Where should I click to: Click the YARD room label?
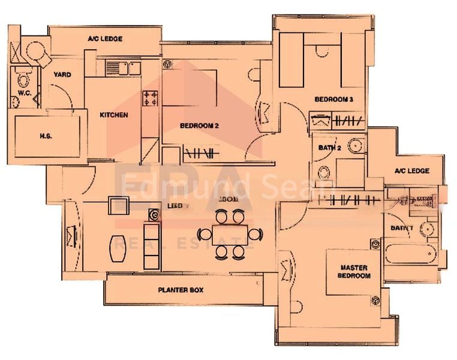tap(62, 75)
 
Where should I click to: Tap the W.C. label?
tap(24, 94)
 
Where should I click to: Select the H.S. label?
tap(46, 136)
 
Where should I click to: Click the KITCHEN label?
tap(113, 115)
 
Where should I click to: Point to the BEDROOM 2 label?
tap(199, 125)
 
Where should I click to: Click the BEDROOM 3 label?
tap(333, 99)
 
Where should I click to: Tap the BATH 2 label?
tap(330, 147)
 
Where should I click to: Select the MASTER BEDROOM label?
tap(354, 271)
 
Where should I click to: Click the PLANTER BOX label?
tap(181, 289)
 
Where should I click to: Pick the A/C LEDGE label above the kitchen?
tap(105, 39)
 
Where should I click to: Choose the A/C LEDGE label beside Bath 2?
tap(411, 171)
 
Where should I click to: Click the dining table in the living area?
tap(230, 233)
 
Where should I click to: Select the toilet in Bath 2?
tap(324, 173)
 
